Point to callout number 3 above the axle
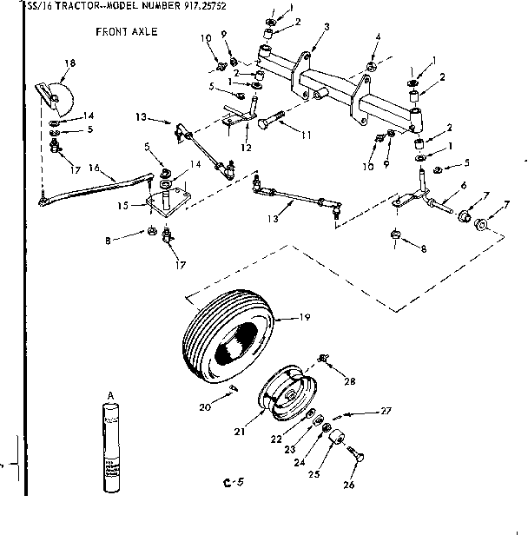(326, 27)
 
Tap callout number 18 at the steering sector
(70, 63)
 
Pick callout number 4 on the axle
(376, 37)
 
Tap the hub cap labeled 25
(335, 435)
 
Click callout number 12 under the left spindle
(247, 149)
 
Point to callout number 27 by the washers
(386, 411)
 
